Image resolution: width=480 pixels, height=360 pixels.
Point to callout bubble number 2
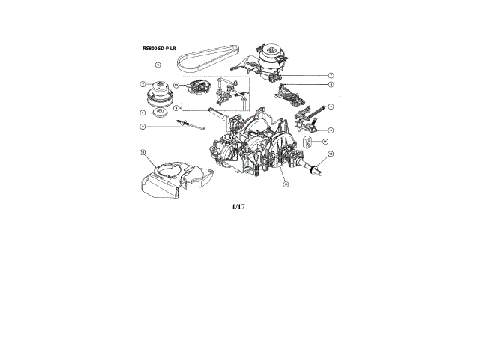[142, 84]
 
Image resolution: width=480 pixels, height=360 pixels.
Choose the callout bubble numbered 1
[142, 112]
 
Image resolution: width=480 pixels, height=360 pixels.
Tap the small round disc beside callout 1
[160, 113]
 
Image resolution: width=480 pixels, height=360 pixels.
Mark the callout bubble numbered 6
[142, 127]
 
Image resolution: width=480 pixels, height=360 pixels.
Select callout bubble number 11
[142, 152]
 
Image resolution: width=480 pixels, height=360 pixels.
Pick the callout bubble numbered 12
[331, 154]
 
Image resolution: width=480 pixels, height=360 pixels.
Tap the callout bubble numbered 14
[325, 139]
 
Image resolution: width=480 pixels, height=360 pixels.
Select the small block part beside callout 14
[307, 140]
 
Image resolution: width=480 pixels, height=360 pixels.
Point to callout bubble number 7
[331, 76]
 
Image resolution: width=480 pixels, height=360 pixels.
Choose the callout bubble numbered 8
[331, 85]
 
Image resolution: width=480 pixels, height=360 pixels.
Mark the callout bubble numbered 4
[175, 108]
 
